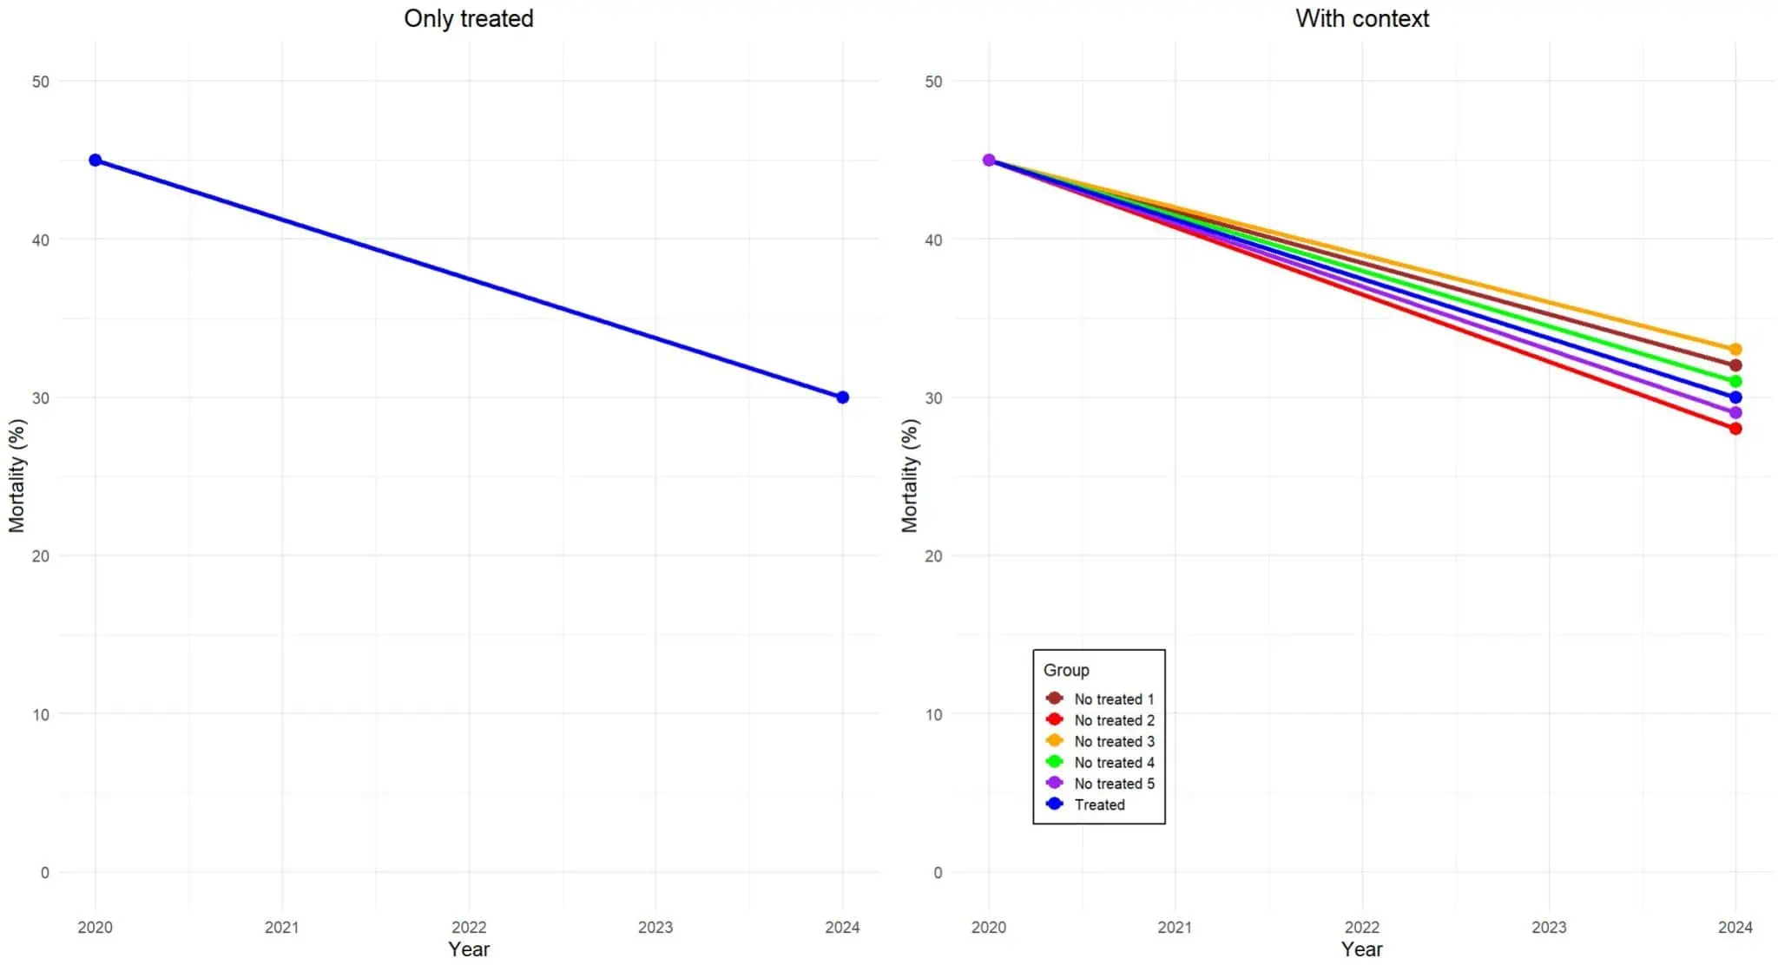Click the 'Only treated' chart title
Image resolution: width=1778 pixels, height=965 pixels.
click(468, 18)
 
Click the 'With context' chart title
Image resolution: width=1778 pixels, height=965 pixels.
click(1361, 18)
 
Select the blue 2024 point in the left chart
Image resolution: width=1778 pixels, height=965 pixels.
click(842, 397)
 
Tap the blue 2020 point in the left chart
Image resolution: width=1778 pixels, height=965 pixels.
click(95, 161)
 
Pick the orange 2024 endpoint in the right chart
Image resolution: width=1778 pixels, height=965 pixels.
click(1735, 350)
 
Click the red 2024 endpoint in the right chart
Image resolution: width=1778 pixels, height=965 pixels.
click(1735, 429)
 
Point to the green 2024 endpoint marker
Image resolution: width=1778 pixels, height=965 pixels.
click(1735, 382)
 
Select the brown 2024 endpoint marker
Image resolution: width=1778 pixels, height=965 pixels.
click(1735, 365)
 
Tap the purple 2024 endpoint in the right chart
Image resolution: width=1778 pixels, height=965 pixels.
click(1735, 413)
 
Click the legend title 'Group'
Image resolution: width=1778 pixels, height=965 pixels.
click(1066, 670)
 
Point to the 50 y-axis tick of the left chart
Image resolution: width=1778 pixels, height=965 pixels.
click(41, 82)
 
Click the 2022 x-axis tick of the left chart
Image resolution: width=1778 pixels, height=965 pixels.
click(469, 927)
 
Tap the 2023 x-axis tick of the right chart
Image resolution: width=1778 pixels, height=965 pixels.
click(1548, 927)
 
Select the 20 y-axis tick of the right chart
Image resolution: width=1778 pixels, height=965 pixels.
click(933, 556)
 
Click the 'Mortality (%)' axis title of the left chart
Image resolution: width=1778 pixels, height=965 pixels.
click(17, 476)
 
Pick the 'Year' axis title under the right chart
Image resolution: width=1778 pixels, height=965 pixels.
click(1361, 949)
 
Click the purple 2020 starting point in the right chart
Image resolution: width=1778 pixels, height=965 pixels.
click(989, 161)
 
